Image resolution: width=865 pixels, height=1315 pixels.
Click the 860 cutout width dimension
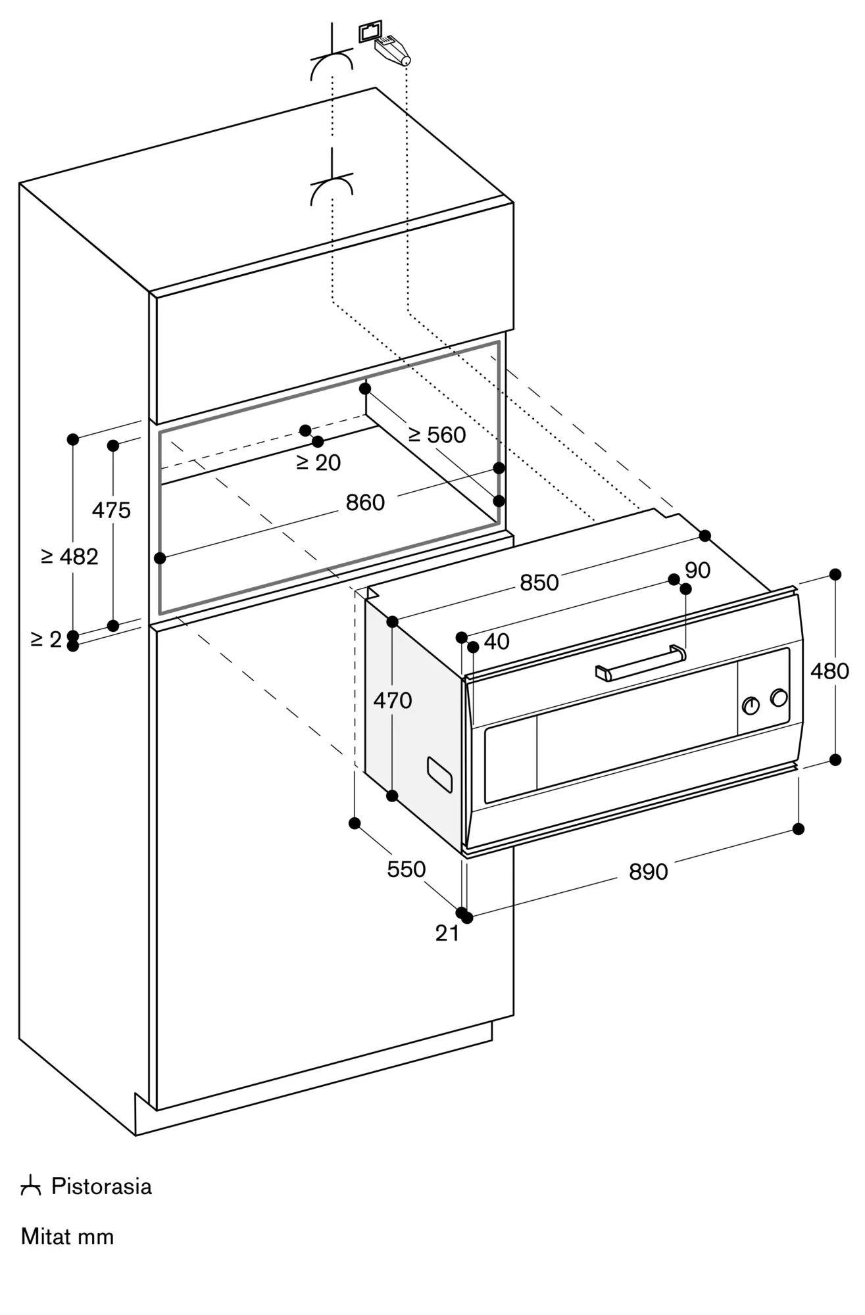365,503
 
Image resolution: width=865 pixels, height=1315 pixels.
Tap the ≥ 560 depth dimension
437,435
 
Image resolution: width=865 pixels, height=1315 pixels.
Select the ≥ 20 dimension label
318,463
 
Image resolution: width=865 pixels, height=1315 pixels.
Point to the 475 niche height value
111,510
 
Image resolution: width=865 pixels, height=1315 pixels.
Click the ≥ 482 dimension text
70,557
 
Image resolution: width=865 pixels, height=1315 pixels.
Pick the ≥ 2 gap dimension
46,638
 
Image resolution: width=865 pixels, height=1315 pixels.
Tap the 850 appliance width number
539,583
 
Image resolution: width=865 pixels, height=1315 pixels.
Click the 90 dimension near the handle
697,570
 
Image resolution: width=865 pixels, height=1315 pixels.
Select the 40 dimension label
497,641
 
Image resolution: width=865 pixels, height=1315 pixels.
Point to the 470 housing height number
393,700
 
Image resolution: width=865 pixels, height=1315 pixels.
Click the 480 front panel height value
830,671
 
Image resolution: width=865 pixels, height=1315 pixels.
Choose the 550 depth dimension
407,869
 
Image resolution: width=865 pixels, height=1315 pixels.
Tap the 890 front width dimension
649,872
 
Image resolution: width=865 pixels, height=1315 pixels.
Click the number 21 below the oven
447,933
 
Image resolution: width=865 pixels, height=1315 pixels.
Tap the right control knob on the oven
779,698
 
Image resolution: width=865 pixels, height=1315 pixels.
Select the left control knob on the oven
751,705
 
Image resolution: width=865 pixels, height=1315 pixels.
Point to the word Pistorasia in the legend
101,1187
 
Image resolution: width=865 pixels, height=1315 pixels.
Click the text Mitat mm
68,1237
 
